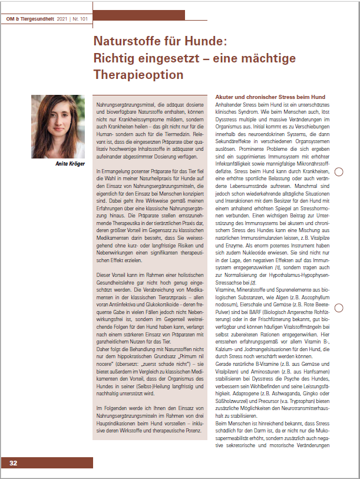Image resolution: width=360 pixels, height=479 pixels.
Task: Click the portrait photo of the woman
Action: click(58, 127)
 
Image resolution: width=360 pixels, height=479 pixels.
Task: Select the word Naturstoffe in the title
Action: click(127, 43)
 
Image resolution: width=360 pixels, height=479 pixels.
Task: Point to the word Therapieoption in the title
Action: click(138, 75)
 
